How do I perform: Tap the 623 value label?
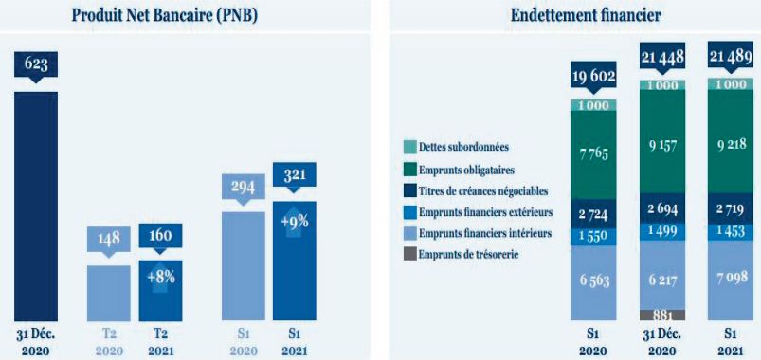(36, 64)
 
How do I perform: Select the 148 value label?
(108, 238)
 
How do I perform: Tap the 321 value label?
(294, 175)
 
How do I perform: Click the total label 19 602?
(593, 77)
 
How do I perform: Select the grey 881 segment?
(662, 315)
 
